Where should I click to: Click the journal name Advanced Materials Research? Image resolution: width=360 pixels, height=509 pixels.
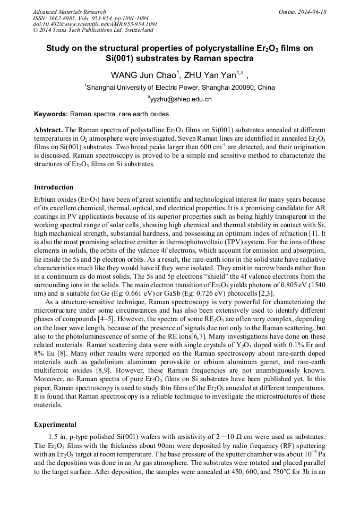(x=69, y=12)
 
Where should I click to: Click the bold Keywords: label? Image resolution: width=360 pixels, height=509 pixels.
(x=51, y=114)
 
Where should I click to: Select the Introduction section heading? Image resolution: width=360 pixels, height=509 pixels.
(x=54, y=187)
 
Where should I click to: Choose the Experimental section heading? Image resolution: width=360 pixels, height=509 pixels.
(x=55, y=425)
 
